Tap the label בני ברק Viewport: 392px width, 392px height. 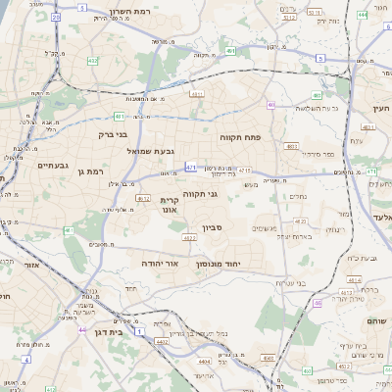(115, 134)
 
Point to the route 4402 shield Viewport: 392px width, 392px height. (160, 340)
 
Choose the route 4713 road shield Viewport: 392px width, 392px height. (245, 170)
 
